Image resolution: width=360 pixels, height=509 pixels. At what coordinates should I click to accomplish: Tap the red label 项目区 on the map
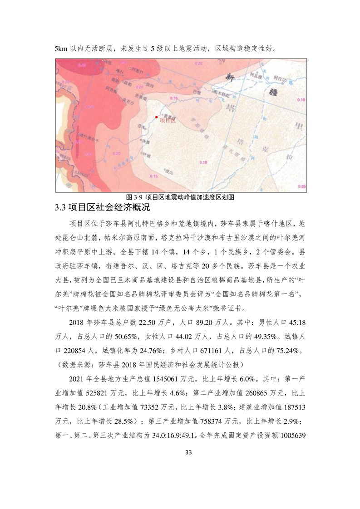167,120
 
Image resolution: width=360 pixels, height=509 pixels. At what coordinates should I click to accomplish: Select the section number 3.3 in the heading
60,208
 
